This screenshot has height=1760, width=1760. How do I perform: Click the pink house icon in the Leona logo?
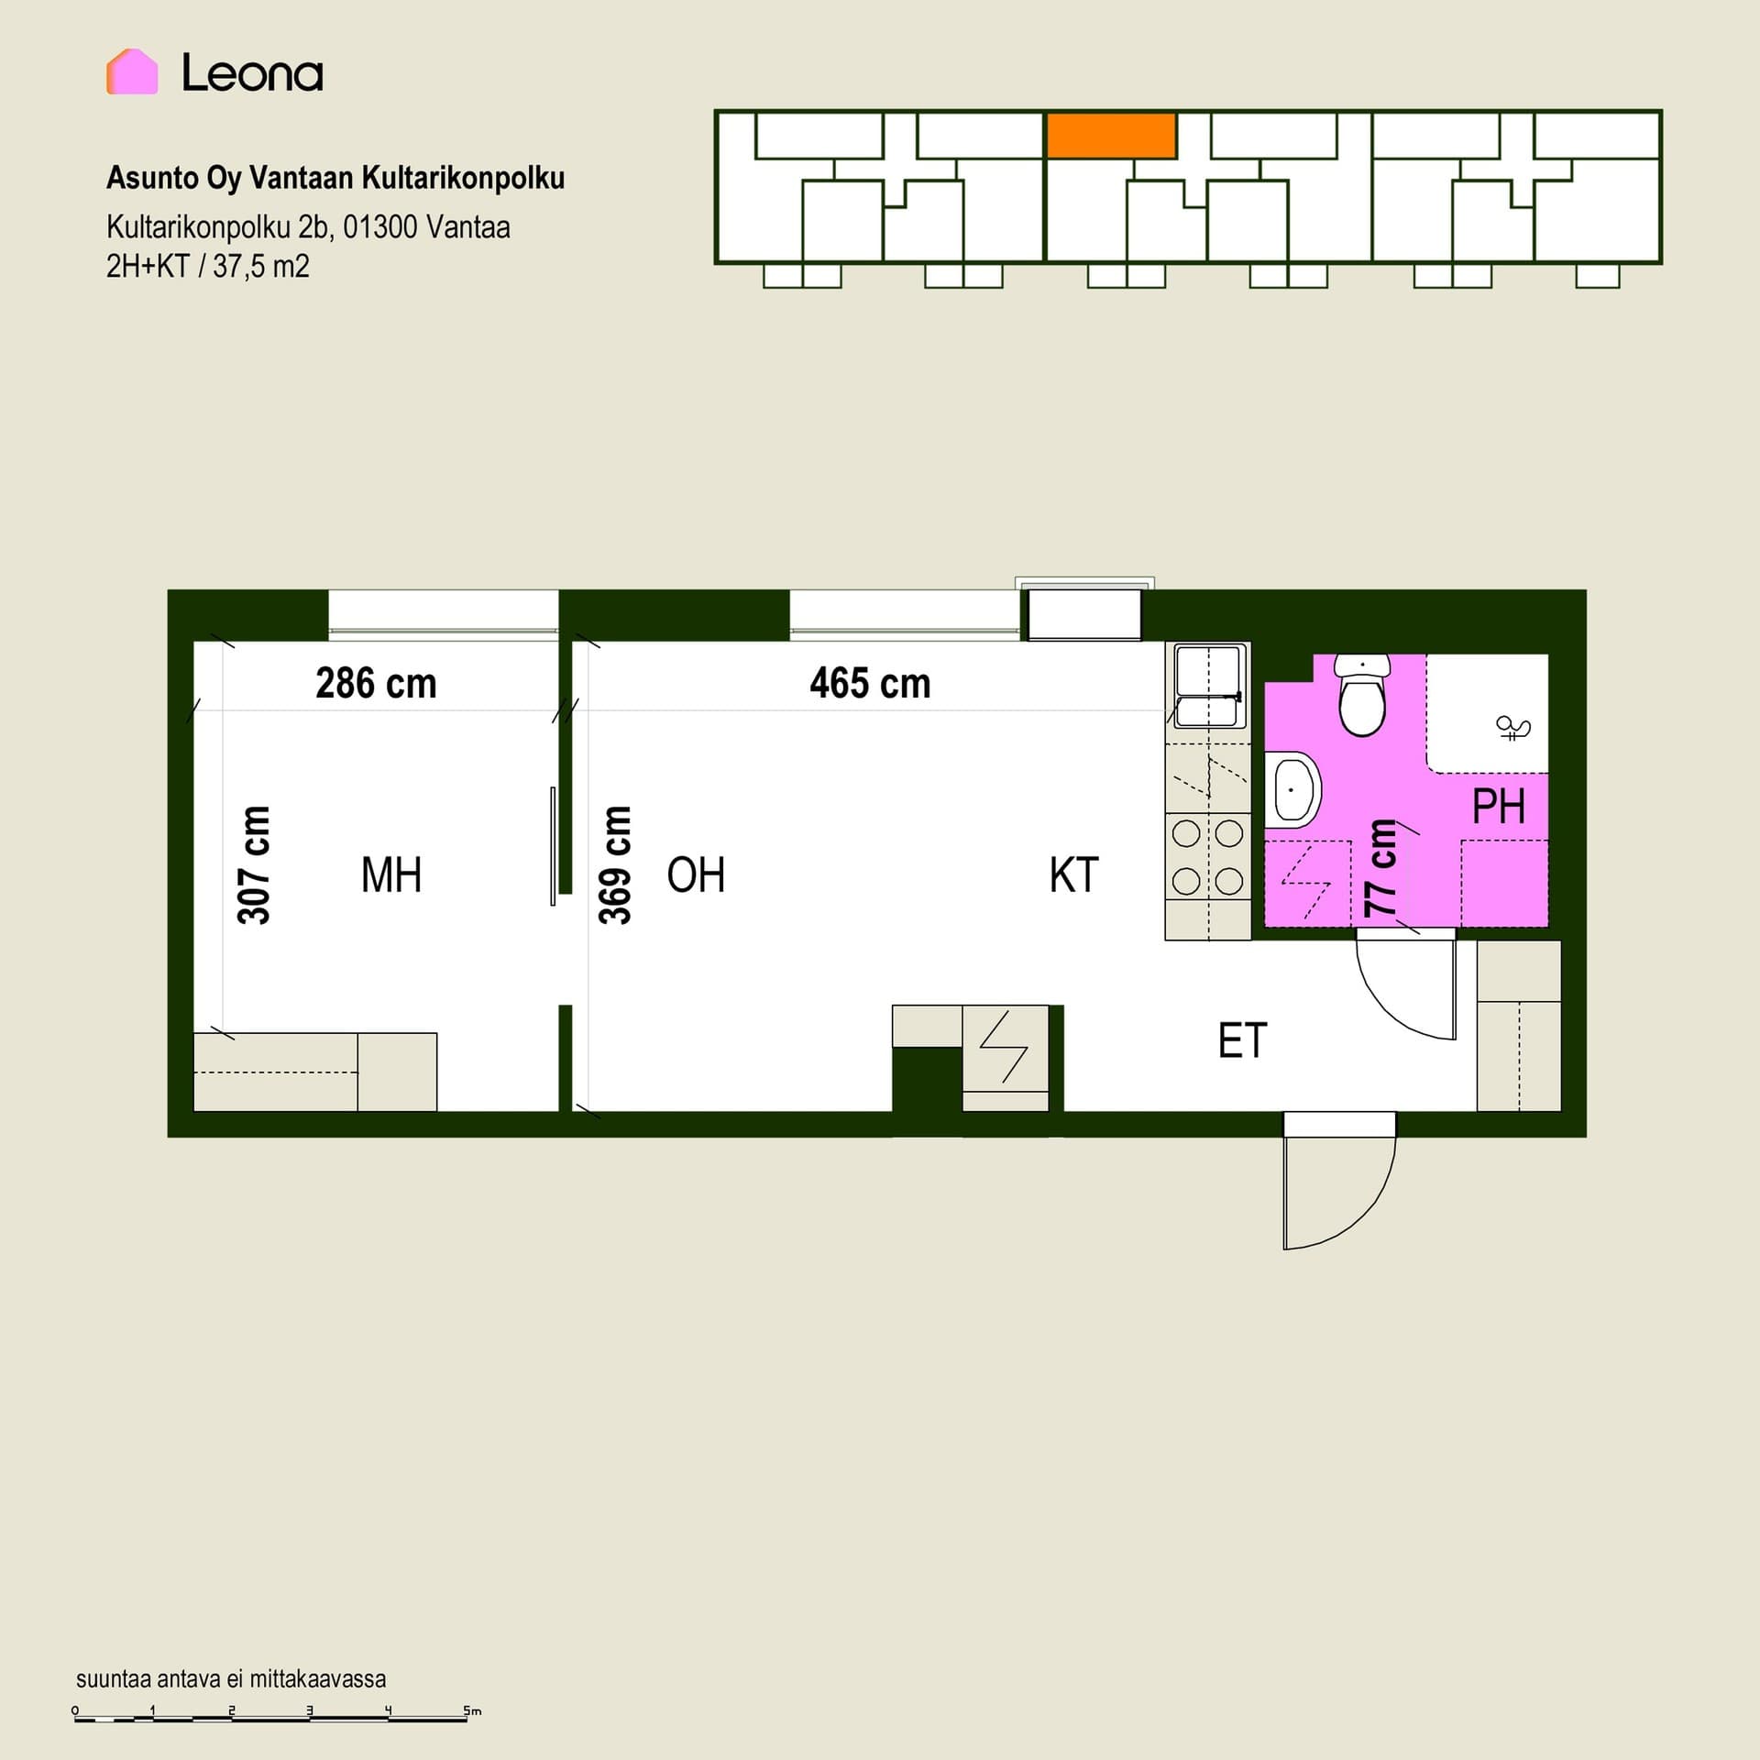(x=132, y=71)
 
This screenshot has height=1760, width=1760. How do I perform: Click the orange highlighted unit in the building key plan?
(x=1111, y=135)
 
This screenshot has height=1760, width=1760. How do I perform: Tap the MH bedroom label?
(x=391, y=874)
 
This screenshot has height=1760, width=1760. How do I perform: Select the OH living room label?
(x=696, y=874)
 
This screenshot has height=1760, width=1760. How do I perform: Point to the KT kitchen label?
(x=1073, y=874)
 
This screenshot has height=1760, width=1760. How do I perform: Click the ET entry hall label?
(x=1242, y=1040)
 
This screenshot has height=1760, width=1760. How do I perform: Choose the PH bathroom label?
(x=1499, y=807)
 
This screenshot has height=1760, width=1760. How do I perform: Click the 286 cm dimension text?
(x=376, y=683)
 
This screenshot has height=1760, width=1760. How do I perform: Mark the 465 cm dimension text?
(x=870, y=683)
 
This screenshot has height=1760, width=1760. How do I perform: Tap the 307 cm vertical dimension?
(x=254, y=864)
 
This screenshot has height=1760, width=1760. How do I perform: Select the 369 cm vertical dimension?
(x=615, y=864)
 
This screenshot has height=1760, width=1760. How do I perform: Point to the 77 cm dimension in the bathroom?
(x=1380, y=867)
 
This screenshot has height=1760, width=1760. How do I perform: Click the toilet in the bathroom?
(x=1362, y=694)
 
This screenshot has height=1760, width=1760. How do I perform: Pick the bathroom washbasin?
(x=1292, y=789)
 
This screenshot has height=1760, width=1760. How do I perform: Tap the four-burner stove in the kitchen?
(x=1208, y=857)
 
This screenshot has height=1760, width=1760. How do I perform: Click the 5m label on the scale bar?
(x=472, y=1710)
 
